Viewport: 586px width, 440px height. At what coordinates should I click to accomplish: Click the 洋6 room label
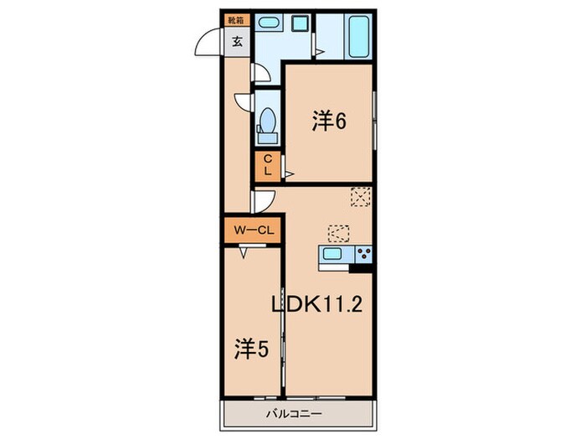330,122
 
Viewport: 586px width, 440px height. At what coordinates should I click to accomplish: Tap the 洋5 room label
251,346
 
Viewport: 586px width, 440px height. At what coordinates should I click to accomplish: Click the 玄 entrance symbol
237,40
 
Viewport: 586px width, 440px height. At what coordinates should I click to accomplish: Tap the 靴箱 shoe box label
237,18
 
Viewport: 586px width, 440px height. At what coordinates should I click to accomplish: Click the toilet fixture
269,121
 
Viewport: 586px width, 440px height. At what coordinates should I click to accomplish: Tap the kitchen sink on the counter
332,255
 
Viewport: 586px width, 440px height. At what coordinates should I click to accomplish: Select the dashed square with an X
360,197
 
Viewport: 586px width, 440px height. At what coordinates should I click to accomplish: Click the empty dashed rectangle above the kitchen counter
338,231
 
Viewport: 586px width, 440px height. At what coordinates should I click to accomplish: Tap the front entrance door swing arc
208,42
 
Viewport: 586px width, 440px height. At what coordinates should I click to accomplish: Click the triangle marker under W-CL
244,250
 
